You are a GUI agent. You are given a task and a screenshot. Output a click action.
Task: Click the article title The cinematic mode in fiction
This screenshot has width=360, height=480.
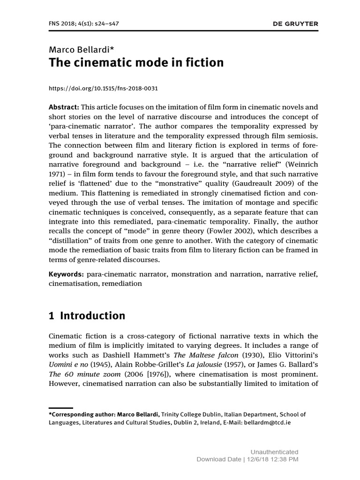coord(136,62)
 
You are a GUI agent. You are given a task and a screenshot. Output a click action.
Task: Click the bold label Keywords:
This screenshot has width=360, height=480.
coord(66,274)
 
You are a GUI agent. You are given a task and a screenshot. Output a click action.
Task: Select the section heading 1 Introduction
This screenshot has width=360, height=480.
coord(87,316)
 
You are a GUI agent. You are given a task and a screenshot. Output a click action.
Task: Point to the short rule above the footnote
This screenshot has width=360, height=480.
coord(60,408)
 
